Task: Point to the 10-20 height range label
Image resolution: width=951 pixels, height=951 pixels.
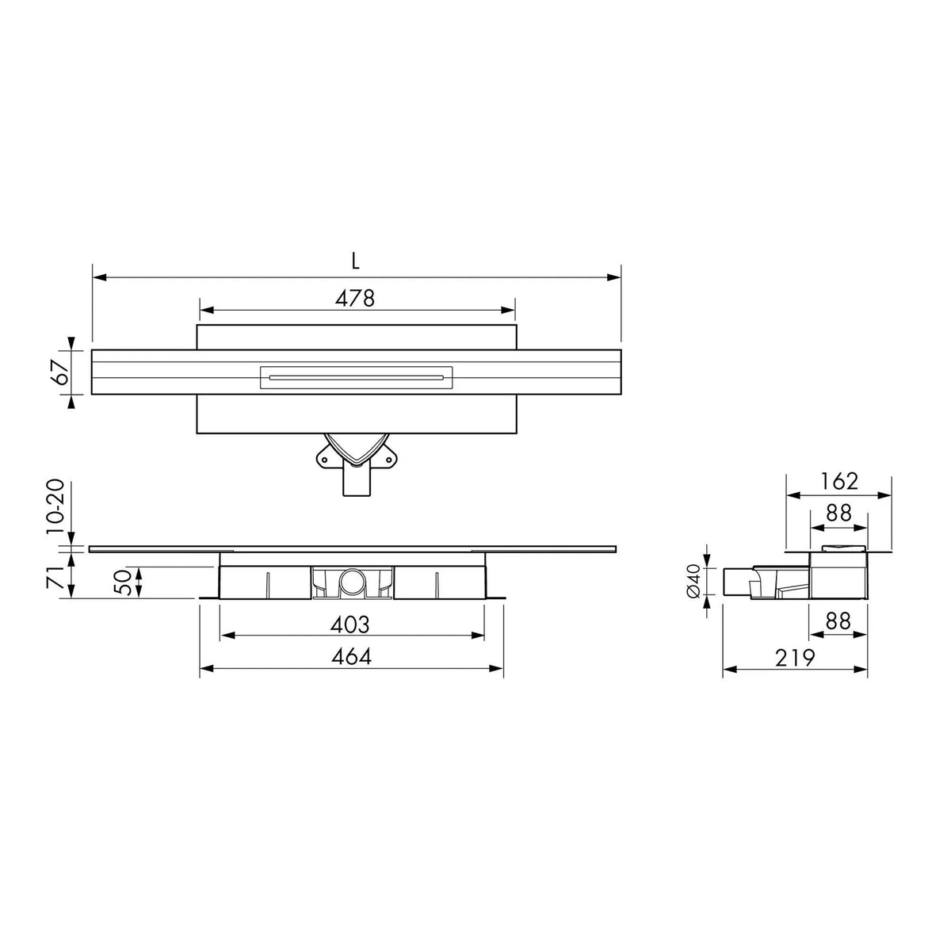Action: (x=54, y=507)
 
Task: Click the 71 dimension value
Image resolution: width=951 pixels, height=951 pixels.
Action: (x=54, y=576)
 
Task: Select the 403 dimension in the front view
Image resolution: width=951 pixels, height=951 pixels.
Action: (x=349, y=624)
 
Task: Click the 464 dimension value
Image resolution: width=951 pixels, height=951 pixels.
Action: (x=349, y=656)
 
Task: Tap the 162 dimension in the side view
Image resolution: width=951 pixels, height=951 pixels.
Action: (x=838, y=481)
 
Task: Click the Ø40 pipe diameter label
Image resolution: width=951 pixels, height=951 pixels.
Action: (x=692, y=581)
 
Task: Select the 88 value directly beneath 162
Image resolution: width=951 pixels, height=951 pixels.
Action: (x=838, y=514)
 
